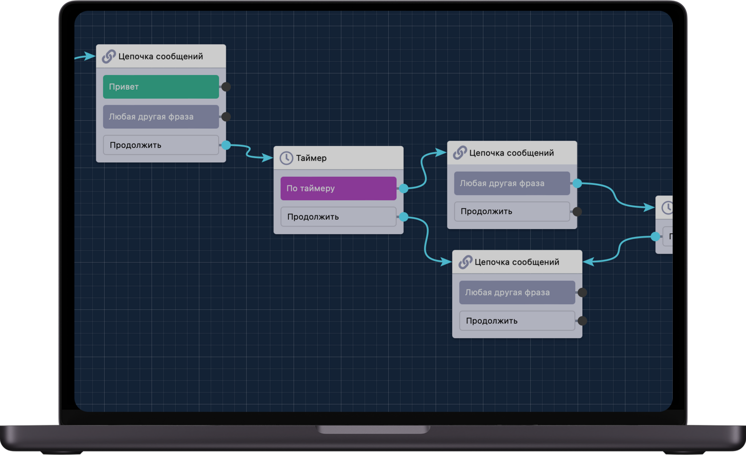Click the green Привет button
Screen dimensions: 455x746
161,87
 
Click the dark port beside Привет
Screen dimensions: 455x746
226,87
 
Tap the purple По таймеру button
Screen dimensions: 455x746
338,188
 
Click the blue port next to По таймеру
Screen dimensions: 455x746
404,188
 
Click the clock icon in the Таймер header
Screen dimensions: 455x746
286,158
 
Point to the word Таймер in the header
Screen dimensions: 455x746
311,158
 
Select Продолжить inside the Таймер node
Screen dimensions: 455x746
338,217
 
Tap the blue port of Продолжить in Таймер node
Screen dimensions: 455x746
404,217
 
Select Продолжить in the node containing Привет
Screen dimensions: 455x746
161,145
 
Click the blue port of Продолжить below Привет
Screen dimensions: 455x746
226,145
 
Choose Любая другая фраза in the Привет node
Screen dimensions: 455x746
161,117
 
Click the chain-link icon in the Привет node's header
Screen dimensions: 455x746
109,56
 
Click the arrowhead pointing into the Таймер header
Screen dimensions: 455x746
267,157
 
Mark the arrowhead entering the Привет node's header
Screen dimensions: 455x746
90,56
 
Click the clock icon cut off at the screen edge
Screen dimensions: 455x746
667,208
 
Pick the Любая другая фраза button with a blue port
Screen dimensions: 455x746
512,183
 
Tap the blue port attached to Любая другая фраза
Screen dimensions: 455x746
577,183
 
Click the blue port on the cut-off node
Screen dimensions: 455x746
655,236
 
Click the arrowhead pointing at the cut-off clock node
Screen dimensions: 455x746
649,207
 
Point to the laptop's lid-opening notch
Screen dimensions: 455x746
373,429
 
